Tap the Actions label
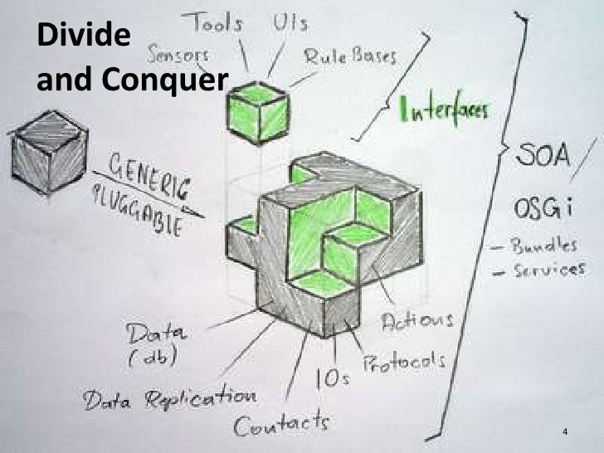coord(417,321)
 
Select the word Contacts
coord(280,425)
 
